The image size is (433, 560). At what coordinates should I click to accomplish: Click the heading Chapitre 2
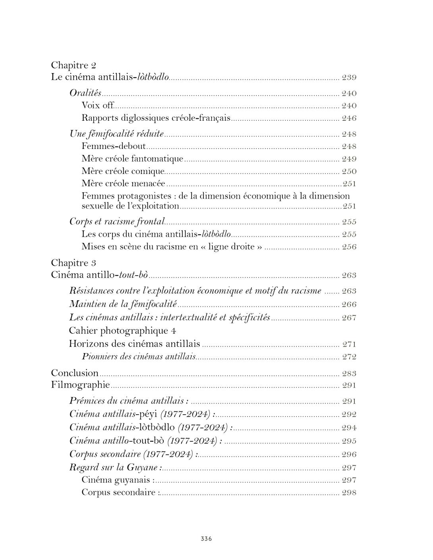pos(73,65)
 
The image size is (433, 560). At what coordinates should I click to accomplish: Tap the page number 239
pos(349,77)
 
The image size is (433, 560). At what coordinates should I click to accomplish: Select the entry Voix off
pos(98,106)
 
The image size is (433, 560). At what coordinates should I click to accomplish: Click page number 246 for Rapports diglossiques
pos(349,118)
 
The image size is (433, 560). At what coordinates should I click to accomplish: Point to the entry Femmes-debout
pos(114,146)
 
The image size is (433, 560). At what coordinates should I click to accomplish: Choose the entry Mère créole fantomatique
pos(132,159)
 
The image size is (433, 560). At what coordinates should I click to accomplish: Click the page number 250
pos(349,172)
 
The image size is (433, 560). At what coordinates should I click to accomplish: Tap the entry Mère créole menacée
pos(123,183)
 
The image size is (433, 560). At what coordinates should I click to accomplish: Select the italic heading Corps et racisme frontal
pos(117,222)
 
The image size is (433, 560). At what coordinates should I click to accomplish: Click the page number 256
pos(349,247)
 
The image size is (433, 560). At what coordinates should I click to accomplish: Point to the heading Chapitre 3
pos(73,263)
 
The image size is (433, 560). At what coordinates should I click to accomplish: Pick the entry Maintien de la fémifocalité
pos(123,304)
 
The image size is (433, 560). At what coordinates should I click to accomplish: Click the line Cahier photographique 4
pos(122,330)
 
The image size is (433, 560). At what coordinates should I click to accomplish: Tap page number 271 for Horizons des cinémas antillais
pos(349,344)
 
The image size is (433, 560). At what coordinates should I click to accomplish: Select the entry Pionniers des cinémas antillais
pos(139,357)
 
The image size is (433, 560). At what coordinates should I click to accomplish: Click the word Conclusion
pos(75,373)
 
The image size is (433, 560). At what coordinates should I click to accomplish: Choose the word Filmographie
pos(80,385)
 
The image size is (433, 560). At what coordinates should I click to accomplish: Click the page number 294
pos(349,428)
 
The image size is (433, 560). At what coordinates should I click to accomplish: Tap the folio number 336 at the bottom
pos(206,539)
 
